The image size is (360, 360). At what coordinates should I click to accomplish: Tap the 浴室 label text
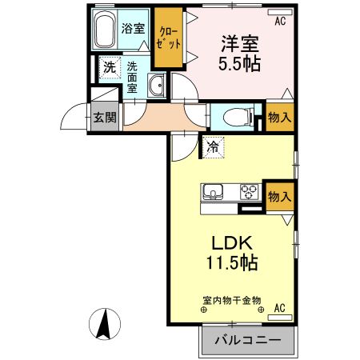(132, 28)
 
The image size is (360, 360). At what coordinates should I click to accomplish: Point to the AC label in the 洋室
(280, 22)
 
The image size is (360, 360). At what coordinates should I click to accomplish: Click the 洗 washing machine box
(109, 68)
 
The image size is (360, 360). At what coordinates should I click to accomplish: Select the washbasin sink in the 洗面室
(156, 85)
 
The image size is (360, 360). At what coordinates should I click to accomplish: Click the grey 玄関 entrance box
(103, 118)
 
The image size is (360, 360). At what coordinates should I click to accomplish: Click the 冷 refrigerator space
(213, 146)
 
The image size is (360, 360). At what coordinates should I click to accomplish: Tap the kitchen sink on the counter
(214, 192)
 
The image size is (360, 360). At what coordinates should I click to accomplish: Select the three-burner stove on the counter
(250, 192)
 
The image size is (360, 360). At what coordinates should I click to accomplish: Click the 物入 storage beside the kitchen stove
(279, 195)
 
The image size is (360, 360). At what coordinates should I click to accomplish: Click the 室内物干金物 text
(231, 299)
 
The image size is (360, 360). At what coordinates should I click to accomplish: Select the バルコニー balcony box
(248, 340)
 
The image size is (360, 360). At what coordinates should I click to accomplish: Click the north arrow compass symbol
(105, 324)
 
